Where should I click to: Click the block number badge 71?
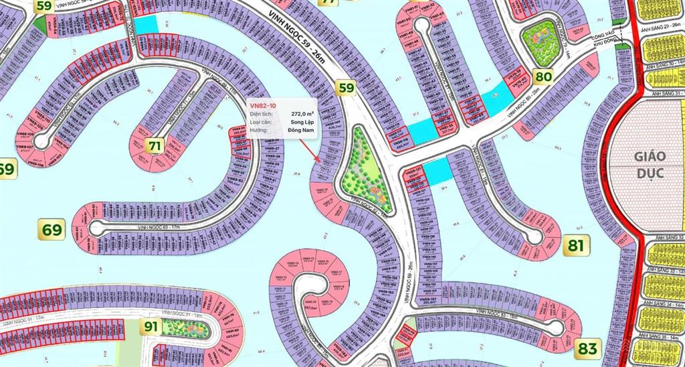coord(155,145)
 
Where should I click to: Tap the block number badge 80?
coord(544,76)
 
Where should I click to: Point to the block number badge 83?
coord(587,348)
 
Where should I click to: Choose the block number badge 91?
coord(151,327)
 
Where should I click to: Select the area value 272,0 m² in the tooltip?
coord(303,115)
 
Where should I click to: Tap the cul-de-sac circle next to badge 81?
coord(533,236)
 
